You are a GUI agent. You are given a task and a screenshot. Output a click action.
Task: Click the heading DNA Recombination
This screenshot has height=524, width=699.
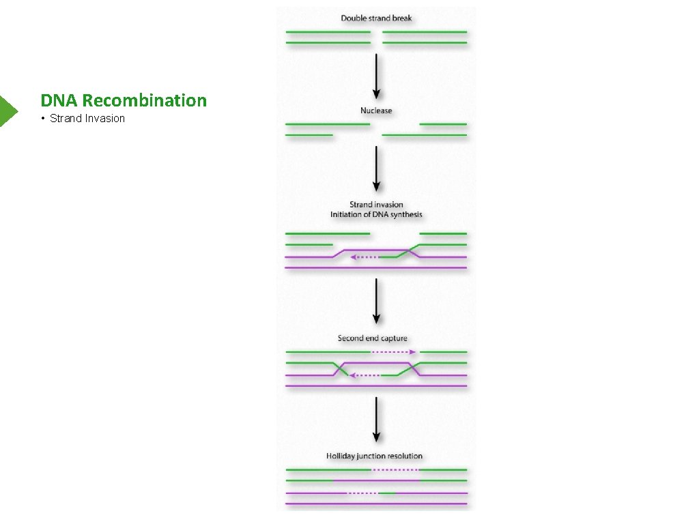(x=124, y=100)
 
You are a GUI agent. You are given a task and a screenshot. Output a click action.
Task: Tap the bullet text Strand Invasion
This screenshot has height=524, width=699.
(x=87, y=119)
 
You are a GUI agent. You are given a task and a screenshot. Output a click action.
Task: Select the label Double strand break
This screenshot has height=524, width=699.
(x=376, y=18)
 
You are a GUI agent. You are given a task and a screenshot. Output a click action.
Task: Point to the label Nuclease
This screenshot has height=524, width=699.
(x=376, y=111)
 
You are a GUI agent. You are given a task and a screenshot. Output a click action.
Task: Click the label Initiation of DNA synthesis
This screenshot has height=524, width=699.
(x=376, y=214)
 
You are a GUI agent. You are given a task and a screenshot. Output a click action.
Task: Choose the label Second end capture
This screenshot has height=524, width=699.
(x=372, y=338)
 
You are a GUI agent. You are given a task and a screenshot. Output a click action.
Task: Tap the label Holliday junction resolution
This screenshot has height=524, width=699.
(x=374, y=456)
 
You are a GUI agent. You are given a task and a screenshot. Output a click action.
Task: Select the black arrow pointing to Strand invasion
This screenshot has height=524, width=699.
(x=376, y=169)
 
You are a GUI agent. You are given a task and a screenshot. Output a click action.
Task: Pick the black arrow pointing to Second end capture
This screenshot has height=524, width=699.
(x=376, y=301)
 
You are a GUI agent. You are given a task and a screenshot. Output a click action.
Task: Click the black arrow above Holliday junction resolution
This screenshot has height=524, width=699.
(x=376, y=420)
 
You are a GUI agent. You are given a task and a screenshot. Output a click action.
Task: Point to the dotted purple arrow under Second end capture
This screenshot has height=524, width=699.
(x=393, y=352)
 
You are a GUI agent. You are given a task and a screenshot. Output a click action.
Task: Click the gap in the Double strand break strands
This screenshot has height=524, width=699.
(x=376, y=38)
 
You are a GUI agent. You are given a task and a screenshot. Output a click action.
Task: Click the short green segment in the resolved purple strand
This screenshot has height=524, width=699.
(x=388, y=493)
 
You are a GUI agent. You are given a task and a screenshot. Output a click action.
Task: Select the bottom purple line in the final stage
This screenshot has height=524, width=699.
(x=376, y=504)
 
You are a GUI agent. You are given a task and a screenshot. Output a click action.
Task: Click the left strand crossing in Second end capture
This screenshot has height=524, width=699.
(x=339, y=369)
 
